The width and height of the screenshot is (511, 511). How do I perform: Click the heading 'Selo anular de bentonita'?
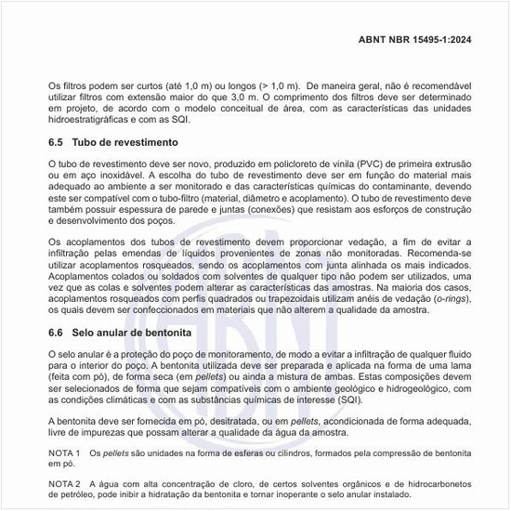(138, 332)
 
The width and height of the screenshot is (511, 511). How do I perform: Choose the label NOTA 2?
(65, 483)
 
